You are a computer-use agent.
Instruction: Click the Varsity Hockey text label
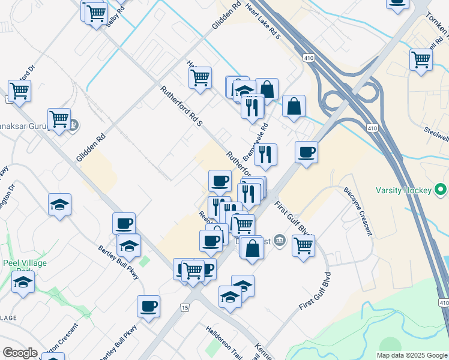click(x=403, y=190)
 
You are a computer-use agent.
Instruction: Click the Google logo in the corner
click(x=20, y=353)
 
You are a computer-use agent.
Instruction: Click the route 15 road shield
click(x=184, y=307)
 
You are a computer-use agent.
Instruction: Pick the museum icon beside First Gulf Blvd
click(x=280, y=241)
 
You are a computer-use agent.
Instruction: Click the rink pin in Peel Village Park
click(x=23, y=281)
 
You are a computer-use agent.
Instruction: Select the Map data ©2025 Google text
click(x=412, y=355)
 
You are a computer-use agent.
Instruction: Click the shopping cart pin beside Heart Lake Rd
click(x=200, y=76)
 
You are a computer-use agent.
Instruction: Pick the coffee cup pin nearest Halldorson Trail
click(x=148, y=306)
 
